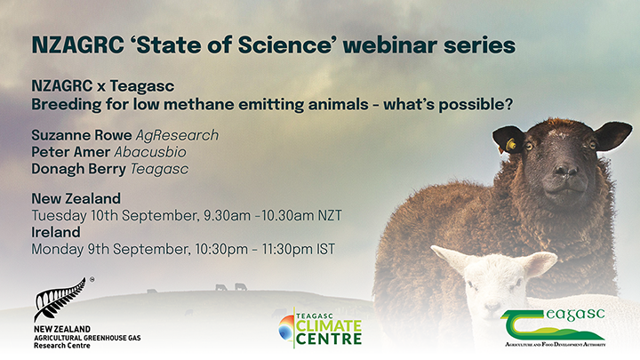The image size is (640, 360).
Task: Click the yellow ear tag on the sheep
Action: [x=511, y=144]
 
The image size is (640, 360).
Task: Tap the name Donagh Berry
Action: [x=74, y=169]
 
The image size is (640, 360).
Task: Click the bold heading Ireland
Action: [x=55, y=232]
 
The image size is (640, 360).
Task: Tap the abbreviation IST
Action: [x=324, y=249]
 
